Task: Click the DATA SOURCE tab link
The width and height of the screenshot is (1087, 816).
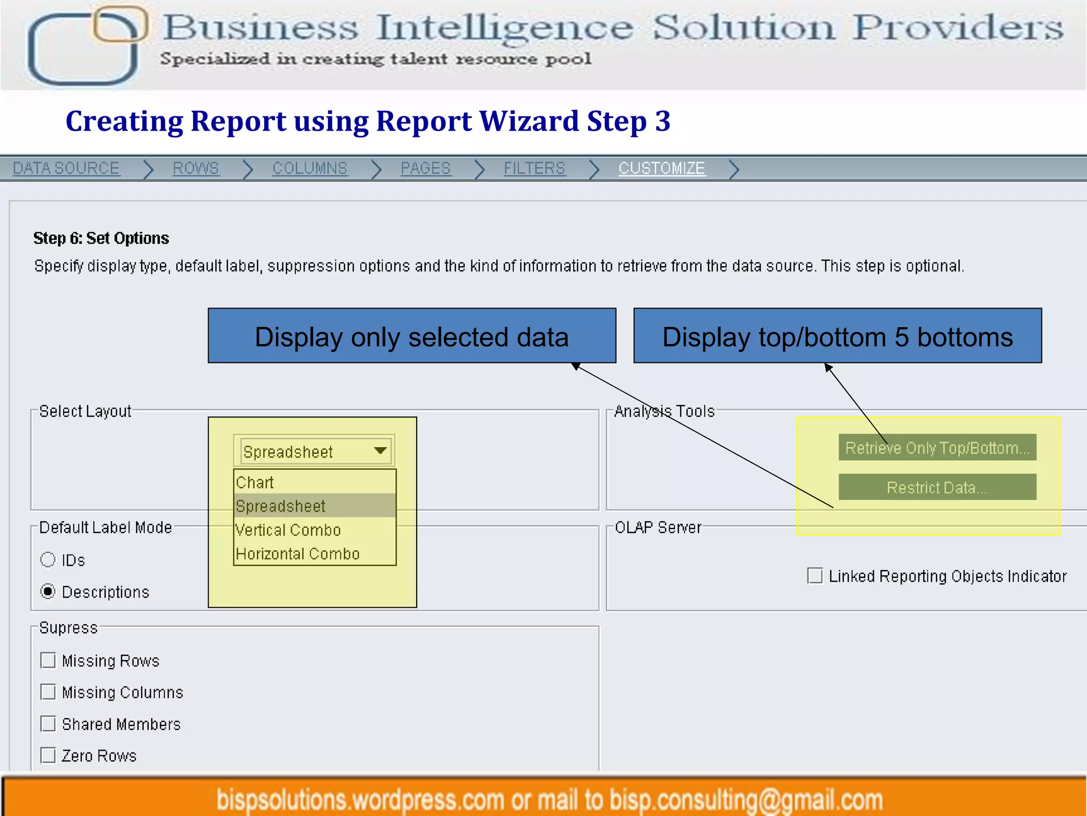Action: point(66,168)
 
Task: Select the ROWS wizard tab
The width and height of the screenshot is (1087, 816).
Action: point(195,168)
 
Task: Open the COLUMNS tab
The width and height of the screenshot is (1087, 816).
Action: point(309,168)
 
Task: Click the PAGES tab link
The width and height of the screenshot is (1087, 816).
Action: point(425,168)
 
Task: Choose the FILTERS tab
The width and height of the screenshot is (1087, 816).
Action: point(534,168)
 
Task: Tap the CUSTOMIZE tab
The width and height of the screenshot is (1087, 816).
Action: point(661,168)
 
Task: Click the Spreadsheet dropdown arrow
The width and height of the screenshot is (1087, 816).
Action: point(380,451)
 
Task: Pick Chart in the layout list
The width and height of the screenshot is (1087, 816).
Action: point(255,482)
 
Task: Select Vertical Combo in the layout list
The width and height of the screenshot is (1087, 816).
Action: point(288,530)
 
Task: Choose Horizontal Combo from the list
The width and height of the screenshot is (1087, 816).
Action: point(297,554)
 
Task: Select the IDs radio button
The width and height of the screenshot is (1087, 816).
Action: point(48,559)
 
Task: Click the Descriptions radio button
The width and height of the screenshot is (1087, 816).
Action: point(48,591)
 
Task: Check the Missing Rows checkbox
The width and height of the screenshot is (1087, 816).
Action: point(48,660)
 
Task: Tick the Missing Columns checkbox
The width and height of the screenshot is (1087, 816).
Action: point(48,692)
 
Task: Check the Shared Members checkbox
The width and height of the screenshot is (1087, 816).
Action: point(48,724)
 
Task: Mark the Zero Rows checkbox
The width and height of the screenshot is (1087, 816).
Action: point(48,755)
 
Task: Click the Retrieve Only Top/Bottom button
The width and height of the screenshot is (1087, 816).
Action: point(937,448)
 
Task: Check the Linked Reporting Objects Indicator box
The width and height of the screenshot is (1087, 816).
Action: point(814,575)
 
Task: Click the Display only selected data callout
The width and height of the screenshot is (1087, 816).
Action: point(411,336)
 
